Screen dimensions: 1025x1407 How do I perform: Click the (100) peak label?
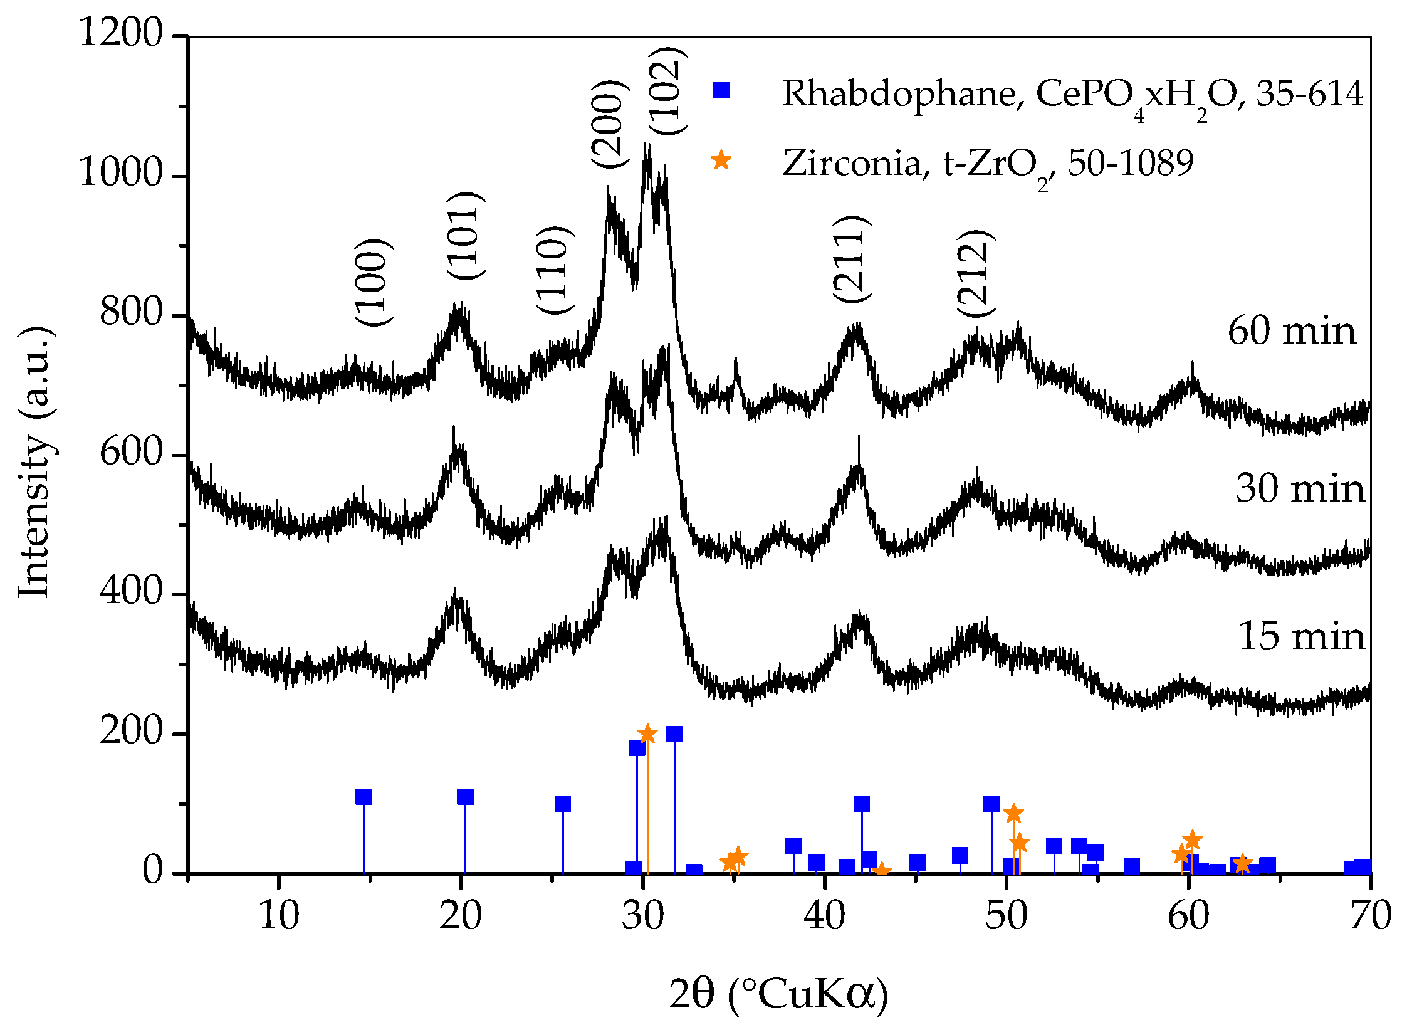point(374,282)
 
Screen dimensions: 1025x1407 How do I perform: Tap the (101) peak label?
point(466,236)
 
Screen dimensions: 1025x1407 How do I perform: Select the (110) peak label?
point(554,270)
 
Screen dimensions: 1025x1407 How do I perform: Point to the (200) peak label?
point(609,124)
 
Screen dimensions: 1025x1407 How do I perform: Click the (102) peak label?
point(666,91)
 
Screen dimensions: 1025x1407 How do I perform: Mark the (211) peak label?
point(851,259)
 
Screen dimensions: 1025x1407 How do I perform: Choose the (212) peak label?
point(975,273)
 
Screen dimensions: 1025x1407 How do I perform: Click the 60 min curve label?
point(1291,332)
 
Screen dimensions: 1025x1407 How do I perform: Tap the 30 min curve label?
point(1300,489)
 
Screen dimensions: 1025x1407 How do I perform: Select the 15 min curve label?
point(1302,637)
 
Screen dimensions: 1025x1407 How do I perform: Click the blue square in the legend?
point(721,91)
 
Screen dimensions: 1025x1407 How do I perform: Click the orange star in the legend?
point(721,160)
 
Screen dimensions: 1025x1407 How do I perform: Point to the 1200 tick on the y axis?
point(120,33)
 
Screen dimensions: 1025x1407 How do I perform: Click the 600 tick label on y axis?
point(131,451)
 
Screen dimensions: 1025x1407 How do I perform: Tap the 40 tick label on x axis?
point(824,917)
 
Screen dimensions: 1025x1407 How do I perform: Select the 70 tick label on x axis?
point(1370,917)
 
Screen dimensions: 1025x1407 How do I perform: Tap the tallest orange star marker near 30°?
point(647,734)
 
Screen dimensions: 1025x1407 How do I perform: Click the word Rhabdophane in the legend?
point(899,94)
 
